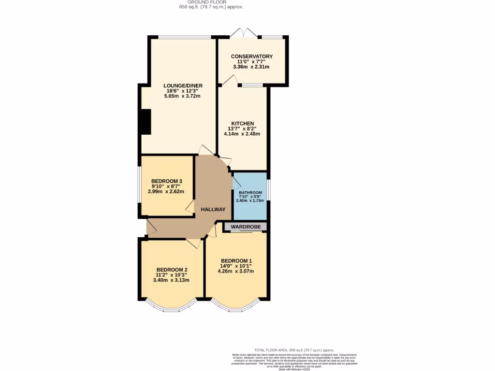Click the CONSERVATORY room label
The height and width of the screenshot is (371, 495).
click(251, 57)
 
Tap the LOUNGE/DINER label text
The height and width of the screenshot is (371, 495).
click(182, 86)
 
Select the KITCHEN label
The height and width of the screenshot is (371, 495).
click(242, 123)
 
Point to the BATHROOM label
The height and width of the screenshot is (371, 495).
click(249, 192)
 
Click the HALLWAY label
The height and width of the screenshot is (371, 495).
click(213, 209)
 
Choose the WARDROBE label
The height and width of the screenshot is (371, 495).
click(246, 227)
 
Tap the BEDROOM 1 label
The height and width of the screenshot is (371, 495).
click(237, 261)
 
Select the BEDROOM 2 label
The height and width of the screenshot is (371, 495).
click(172, 270)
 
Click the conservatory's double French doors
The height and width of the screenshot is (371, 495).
click(243, 34)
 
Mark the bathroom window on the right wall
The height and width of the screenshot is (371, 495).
click(268, 189)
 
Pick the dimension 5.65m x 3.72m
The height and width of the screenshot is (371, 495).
click(182, 96)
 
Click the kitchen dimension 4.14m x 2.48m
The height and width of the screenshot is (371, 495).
click(242, 134)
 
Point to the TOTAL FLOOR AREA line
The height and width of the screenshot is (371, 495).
click(294, 350)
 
